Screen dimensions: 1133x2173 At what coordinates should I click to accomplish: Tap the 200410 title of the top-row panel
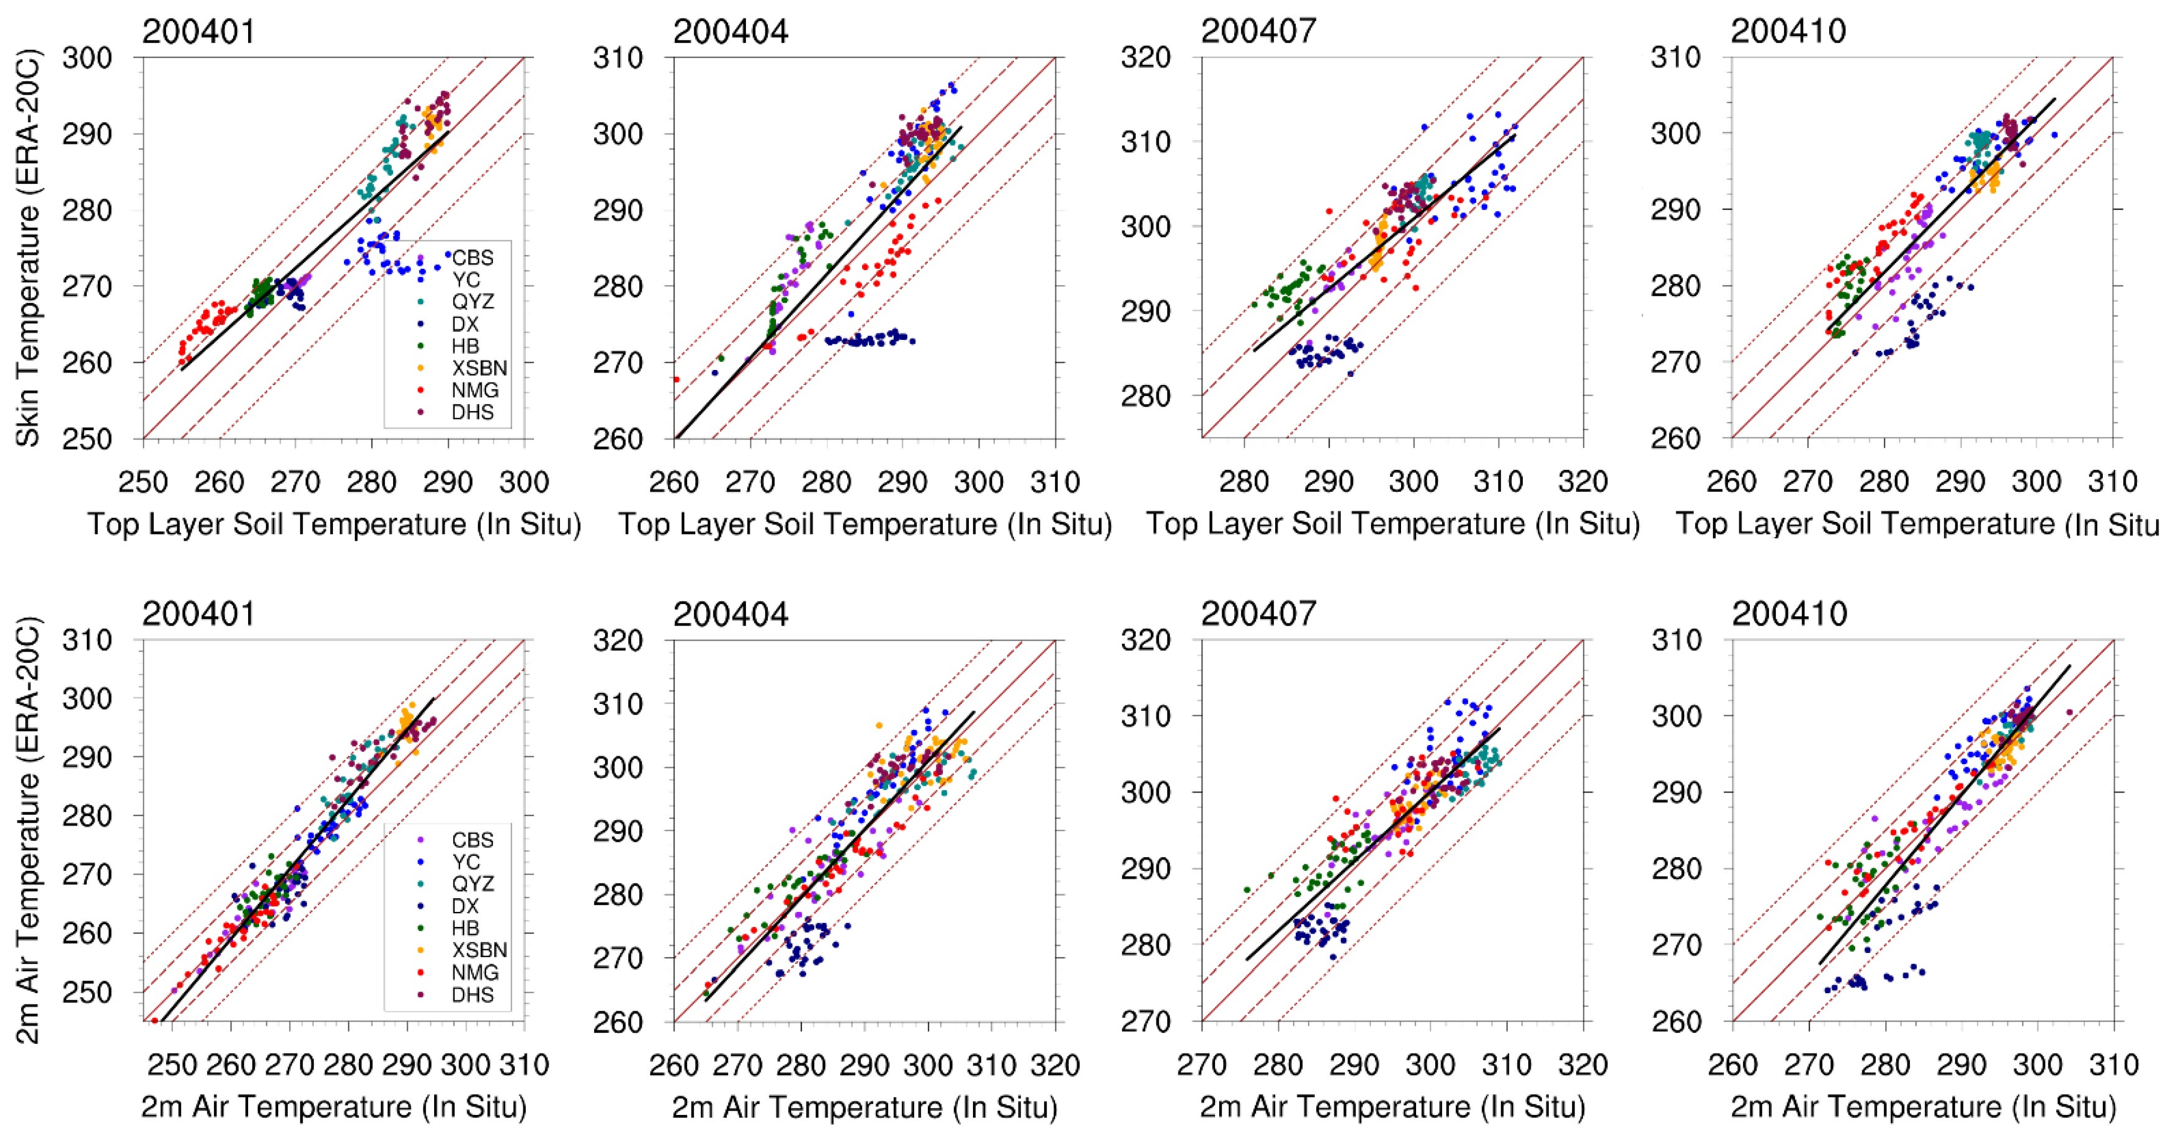(1789, 31)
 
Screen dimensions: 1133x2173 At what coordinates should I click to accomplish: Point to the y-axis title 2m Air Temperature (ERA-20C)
(28, 831)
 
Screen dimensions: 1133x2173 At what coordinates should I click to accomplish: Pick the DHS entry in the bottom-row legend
(472, 995)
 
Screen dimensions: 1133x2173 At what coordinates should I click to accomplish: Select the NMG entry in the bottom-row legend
(475, 973)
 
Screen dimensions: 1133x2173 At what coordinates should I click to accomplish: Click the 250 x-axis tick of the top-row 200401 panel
(143, 483)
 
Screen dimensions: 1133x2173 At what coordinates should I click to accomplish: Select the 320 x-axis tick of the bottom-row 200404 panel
(1055, 1065)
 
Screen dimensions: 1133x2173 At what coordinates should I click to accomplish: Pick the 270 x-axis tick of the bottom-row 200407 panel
(1202, 1065)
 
